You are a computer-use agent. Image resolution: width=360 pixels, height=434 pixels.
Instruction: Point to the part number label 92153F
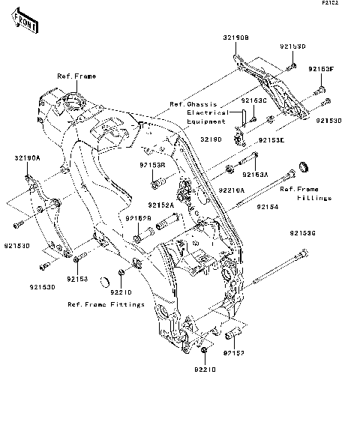point(322,69)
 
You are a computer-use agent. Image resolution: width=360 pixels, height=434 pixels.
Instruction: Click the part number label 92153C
point(254,99)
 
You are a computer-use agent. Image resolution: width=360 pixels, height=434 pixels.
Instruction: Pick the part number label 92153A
point(255,174)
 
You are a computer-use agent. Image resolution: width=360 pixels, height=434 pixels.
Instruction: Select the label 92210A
point(232,190)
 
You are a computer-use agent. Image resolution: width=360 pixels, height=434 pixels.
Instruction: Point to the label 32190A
point(26,158)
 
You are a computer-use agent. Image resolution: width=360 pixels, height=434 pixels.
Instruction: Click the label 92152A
point(160,204)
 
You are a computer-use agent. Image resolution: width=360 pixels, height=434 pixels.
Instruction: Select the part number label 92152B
point(139,218)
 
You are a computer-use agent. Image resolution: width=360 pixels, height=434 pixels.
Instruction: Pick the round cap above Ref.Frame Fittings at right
point(305,166)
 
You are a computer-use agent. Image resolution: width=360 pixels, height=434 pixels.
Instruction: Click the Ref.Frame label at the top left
point(76,76)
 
